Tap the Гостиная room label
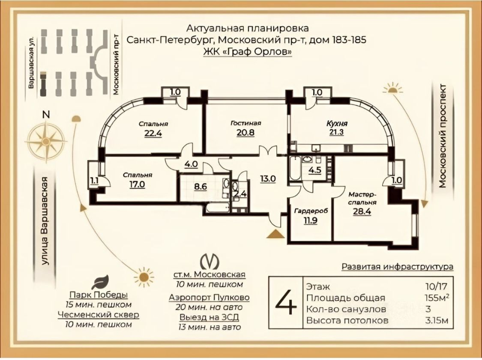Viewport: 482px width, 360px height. click(x=245, y=123)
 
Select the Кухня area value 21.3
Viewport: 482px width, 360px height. click(x=336, y=133)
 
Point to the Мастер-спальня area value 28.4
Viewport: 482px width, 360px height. click(x=362, y=211)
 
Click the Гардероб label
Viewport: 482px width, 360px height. click(x=311, y=211)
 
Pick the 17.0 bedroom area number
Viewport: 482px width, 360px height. click(x=137, y=184)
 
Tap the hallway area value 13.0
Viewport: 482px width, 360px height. click(x=268, y=179)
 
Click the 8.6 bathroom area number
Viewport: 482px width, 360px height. click(x=200, y=187)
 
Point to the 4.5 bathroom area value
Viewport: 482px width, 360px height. click(x=315, y=170)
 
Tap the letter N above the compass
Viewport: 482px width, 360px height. click(x=46, y=115)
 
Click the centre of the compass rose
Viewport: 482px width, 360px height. click(x=46, y=142)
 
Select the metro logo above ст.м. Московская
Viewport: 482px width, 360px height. click(x=210, y=262)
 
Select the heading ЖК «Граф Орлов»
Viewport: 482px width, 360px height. click(x=248, y=52)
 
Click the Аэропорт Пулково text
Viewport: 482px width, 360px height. click(x=209, y=298)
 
